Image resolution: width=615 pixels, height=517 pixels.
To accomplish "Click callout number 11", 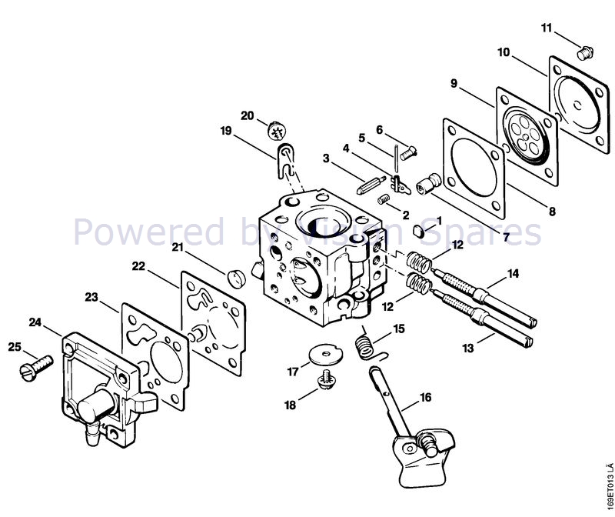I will coord(547,28).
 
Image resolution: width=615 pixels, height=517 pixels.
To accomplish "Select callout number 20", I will coord(248,115).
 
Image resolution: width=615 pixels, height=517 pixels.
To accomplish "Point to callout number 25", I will coord(13,347).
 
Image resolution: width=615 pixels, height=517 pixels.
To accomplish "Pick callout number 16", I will coord(425,399).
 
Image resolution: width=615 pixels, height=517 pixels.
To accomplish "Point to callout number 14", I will coord(513,272).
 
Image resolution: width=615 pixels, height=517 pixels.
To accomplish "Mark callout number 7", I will coord(506,238).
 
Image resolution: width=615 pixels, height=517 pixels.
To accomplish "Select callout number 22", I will coord(138,266).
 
